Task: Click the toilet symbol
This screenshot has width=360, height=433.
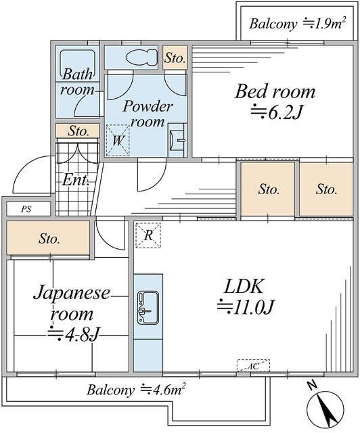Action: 141,57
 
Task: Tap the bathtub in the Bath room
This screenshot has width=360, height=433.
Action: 77,64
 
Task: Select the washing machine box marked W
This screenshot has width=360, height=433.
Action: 118,140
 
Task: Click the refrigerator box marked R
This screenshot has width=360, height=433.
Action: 148,235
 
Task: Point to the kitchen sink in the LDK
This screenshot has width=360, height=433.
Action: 148,307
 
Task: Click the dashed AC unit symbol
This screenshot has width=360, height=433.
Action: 253,365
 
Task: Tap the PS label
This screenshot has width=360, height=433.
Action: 26,209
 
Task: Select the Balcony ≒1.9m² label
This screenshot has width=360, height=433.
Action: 298,24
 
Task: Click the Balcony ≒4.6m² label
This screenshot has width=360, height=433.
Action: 135,390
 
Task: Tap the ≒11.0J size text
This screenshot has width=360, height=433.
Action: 246,306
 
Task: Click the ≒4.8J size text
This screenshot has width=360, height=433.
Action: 73,334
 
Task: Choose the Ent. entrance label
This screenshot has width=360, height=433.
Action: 75,180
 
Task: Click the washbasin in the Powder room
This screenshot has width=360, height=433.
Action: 177,140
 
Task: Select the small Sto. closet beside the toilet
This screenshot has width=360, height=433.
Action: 175,58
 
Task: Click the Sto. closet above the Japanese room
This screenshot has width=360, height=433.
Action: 49,238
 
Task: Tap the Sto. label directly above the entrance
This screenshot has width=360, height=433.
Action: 78,131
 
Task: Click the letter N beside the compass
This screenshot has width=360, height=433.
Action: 313,385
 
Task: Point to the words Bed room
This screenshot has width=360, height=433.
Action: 275,91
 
